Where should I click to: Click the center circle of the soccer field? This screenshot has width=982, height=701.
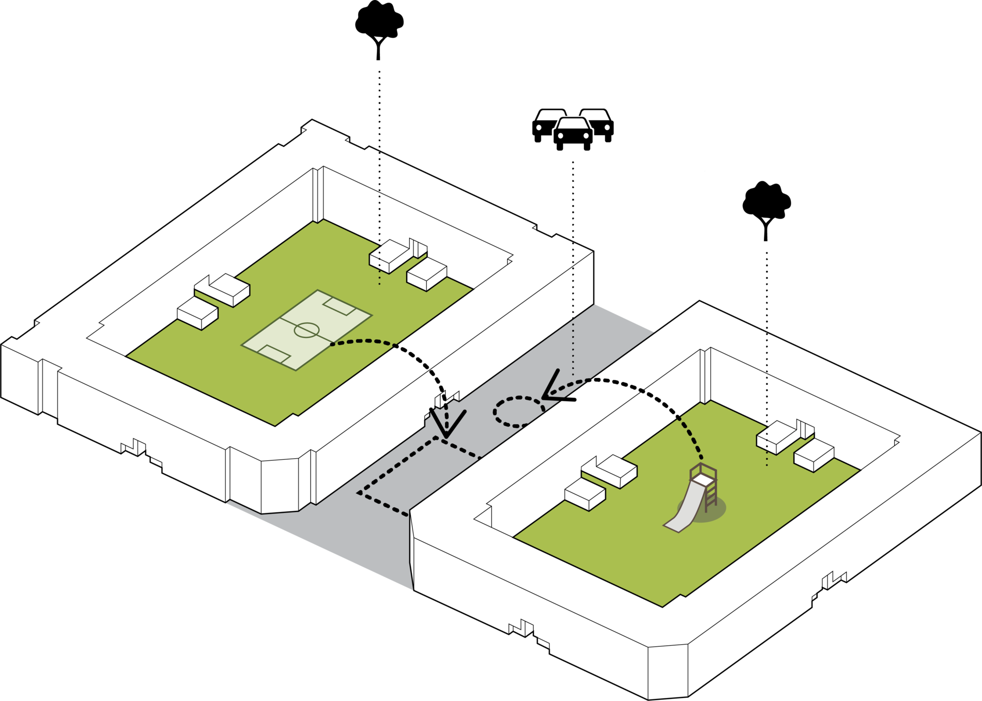point(307,330)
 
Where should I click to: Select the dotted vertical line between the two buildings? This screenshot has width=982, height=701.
point(573,310)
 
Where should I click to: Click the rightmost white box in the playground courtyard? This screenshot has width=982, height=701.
point(814,455)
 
